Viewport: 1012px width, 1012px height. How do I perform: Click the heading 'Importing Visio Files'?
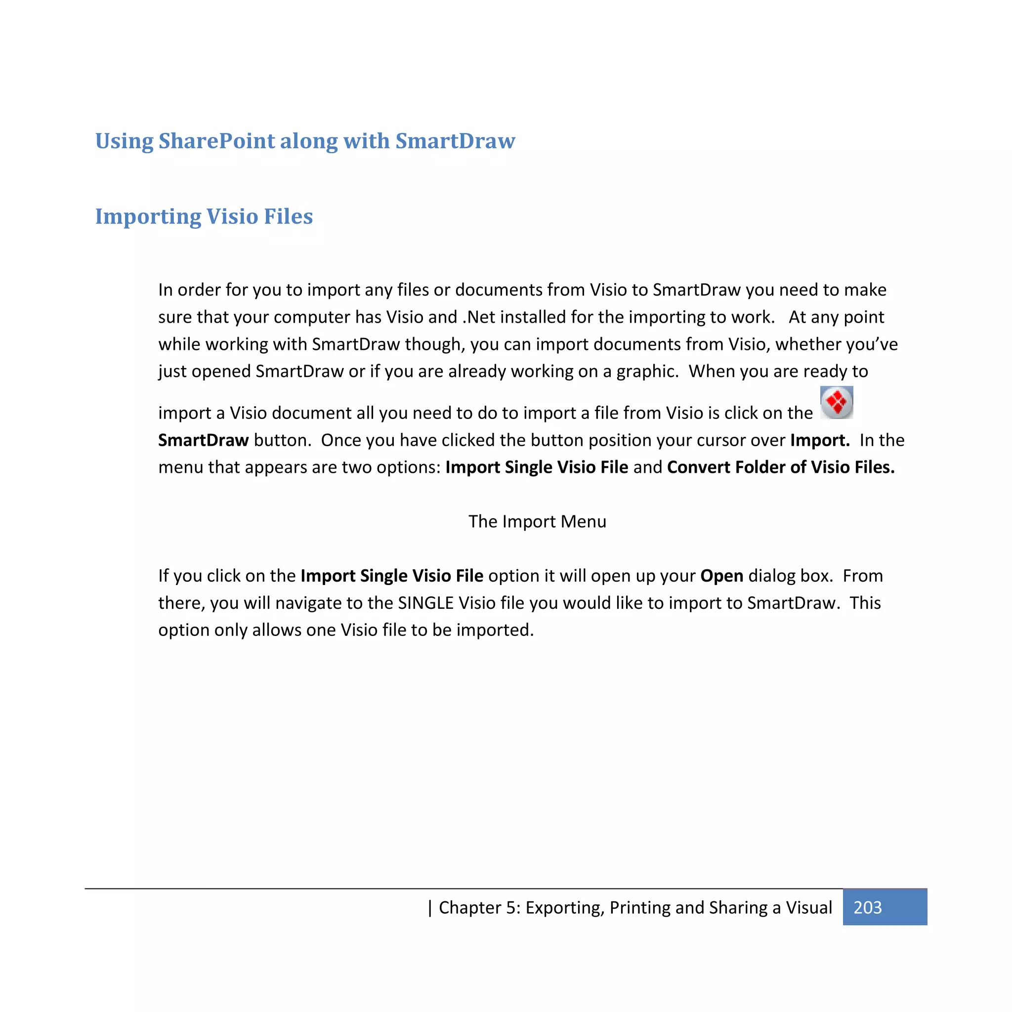[x=204, y=216]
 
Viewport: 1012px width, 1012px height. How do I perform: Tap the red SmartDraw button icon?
[x=837, y=402]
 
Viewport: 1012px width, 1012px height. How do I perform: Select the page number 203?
[x=867, y=907]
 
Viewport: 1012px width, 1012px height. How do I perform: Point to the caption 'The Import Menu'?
[x=537, y=521]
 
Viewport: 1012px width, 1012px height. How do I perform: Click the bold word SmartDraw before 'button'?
[x=203, y=440]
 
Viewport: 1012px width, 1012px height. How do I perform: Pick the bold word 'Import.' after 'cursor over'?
[x=820, y=440]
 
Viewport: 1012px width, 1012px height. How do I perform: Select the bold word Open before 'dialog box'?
[x=721, y=576]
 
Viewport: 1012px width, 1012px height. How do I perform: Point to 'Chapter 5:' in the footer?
[x=479, y=907]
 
